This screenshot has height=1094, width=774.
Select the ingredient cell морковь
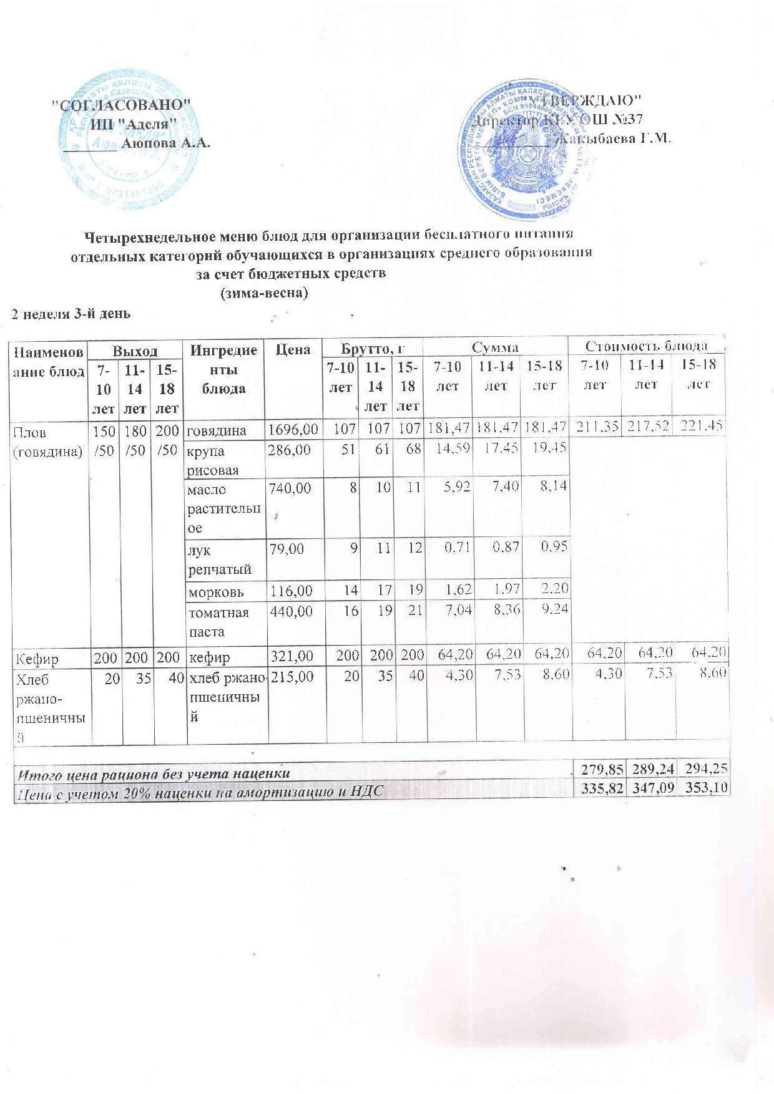point(216,591)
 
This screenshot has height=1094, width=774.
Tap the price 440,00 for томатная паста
point(290,612)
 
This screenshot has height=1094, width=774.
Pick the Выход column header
point(135,350)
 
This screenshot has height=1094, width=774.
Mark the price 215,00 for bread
point(290,678)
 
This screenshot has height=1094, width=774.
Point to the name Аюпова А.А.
point(165,143)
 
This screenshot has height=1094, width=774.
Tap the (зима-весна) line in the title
point(265,293)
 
